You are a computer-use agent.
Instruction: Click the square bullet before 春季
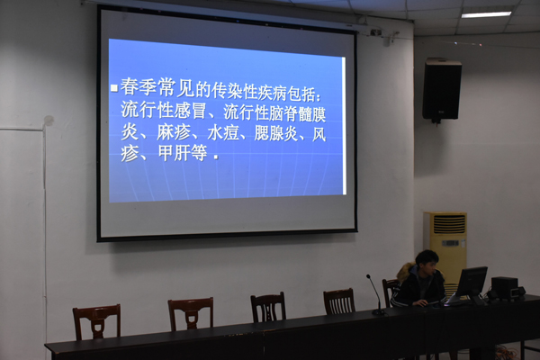tap(114, 88)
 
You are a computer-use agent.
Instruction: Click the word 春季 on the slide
tap(138, 86)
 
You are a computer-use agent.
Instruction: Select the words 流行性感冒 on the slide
tap(164, 110)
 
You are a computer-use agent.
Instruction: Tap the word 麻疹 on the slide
tap(173, 133)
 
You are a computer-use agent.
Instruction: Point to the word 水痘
tap(223, 133)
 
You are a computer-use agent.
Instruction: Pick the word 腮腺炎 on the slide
tap(276, 134)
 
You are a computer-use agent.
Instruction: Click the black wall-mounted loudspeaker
tap(442, 90)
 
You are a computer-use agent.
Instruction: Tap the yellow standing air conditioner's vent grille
tap(449, 223)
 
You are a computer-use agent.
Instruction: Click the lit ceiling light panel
tap(486, 14)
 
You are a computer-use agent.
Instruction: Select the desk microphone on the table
tap(374, 294)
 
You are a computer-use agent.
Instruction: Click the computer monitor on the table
tap(471, 283)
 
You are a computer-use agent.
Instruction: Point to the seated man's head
tap(427, 262)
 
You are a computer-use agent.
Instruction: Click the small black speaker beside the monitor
tap(504, 288)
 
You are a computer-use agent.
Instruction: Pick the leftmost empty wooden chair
tap(97, 321)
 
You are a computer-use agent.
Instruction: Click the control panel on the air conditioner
tap(450, 243)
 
